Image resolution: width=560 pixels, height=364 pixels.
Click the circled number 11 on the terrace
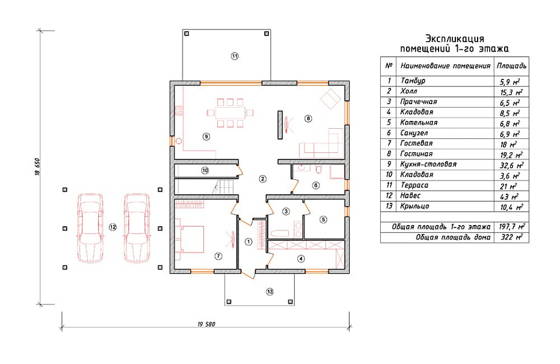[235, 56]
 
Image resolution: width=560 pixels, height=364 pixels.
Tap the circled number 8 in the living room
[308, 119]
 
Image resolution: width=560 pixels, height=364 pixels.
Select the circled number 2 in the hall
[262, 179]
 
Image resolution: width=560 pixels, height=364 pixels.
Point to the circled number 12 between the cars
[112, 227]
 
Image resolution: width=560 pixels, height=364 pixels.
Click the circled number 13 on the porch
[269, 292]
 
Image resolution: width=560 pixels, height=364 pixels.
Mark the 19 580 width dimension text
[206, 324]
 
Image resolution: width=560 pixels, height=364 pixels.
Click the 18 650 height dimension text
[37, 167]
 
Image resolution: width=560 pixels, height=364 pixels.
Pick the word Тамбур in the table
[413, 81]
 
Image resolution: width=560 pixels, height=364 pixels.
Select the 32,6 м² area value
[511, 165]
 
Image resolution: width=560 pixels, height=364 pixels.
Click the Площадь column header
[511, 66]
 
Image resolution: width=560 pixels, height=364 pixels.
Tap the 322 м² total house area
[512, 237]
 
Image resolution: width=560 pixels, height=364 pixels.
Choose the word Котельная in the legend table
[419, 123]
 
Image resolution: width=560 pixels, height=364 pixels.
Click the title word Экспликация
[455, 39]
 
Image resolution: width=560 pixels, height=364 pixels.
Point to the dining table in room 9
[230, 113]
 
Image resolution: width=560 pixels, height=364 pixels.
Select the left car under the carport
[90, 228]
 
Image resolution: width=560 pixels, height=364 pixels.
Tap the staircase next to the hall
[223, 187]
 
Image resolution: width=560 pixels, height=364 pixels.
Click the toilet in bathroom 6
[319, 168]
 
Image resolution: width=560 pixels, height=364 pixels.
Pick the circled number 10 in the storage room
[205, 170]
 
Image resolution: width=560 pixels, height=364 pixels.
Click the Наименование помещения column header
[445, 66]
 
